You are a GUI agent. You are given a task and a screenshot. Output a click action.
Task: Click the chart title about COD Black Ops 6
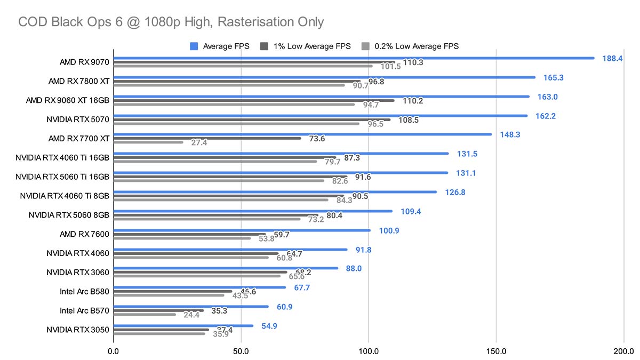(x=171, y=22)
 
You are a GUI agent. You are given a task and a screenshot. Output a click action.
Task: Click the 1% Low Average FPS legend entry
(x=306, y=46)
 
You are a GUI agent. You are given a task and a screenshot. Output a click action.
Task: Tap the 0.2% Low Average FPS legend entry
(x=410, y=46)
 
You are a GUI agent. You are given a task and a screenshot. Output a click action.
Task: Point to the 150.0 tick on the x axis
(x=496, y=351)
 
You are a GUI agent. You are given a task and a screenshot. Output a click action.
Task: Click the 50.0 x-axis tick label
(x=241, y=351)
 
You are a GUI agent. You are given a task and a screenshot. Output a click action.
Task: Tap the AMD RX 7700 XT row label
(x=78, y=139)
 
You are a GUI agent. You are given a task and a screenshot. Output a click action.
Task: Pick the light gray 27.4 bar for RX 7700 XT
(x=148, y=142)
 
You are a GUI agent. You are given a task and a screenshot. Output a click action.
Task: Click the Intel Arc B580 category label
(x=85, y=292)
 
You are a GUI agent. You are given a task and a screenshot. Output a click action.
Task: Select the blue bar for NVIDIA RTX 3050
(x=183, y=325)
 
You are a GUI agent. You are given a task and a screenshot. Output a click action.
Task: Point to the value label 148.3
(x=509, y=134)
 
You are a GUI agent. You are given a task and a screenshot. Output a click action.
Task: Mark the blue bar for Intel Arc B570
(x=190, y=306)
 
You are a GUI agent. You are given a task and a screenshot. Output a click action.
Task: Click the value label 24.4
(x=191, y=315)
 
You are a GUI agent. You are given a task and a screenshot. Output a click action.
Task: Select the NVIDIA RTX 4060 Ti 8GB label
(x=65, y=196)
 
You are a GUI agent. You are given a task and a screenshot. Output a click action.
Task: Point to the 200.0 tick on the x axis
(x=623, y=351)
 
